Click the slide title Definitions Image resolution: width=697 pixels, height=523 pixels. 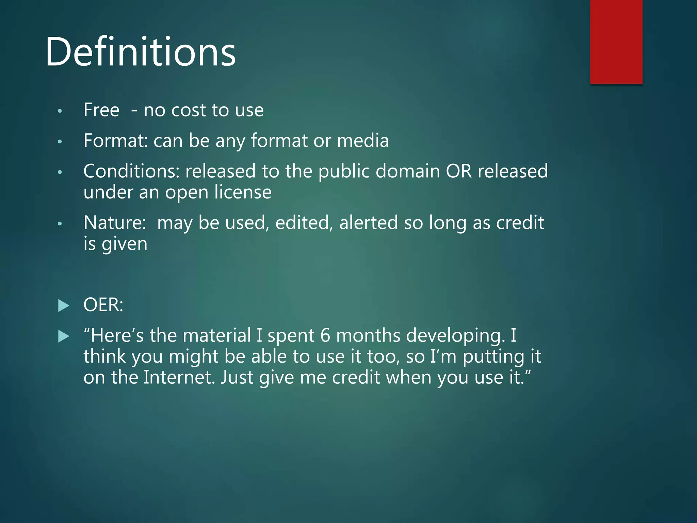tap(141, 52)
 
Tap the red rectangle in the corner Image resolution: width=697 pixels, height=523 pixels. tap(616, 42)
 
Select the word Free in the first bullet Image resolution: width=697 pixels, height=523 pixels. tap(101, 110)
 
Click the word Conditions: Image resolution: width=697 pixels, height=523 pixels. tap(131, 171)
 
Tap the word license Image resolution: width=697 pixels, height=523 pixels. tap(243, 192)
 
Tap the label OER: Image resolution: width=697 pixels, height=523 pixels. tap(103, 305)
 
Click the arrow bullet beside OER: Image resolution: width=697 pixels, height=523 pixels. tap(64, 305)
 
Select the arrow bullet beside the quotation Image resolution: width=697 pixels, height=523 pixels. tap(64, 336)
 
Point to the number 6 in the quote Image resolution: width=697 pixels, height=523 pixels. tap(325, 335)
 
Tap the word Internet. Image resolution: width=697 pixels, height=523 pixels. tap(179, 378)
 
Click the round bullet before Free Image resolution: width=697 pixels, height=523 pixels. tap(60, 111)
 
